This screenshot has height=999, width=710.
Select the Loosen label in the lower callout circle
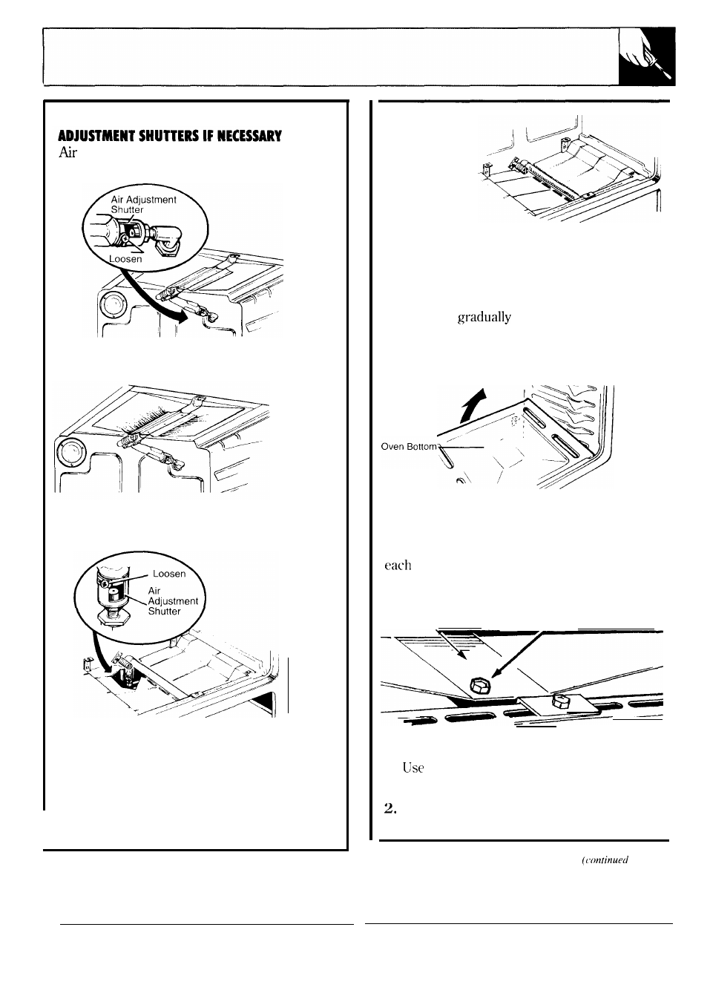pyautogui.click(x=168, y=573)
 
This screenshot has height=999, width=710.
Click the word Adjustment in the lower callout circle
pyautogui.click(x=173, y=600)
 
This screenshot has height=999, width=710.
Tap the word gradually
pyautogui.click(x=484, y=317)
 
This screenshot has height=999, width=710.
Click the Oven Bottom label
pyautogui.click(x=410, y=446)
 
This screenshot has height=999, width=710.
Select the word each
pyautogui.click(x=398, y=565)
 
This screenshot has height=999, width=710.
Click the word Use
pyautogui.click(x=412, y=767)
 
